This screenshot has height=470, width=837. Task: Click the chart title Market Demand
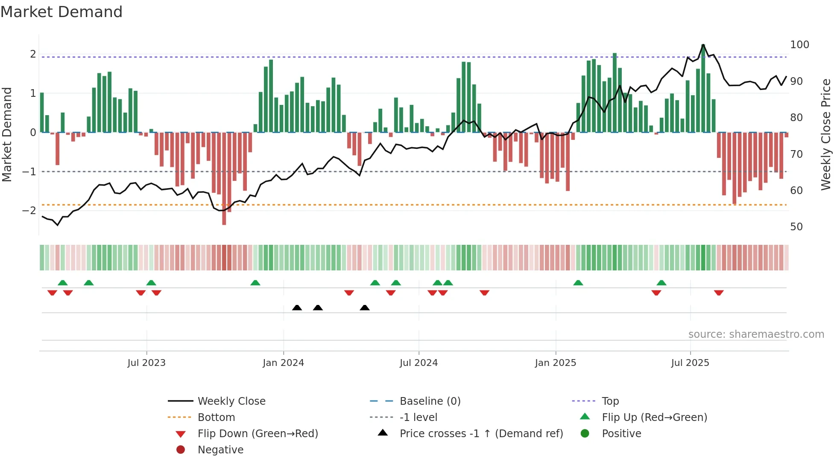[x=61, y=12]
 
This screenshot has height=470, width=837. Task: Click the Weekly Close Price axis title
[x=826, y=134]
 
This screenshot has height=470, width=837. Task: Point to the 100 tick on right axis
[x=799, y=45]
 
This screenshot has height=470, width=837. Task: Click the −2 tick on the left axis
[x=29, y=211]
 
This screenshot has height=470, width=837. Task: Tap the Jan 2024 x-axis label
[x=283, y=363]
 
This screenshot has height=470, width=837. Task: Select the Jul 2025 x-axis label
[x=690, y=363]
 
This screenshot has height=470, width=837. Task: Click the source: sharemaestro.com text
[x=756, y=334]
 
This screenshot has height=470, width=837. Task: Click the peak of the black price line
[x=703, y=45]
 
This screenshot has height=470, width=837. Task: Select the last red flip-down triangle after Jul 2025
[x=719, y=293]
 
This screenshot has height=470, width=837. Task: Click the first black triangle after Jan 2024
[x=297, y=308]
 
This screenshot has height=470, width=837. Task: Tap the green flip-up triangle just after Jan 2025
[x=578, y=283]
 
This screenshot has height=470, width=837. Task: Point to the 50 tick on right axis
[x=796, y=227]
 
